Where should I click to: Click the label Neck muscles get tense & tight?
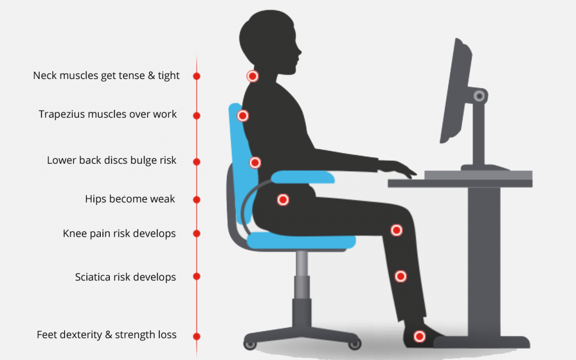point(106,76)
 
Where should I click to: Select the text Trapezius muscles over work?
point(108,114)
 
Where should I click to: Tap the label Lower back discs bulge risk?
point(111,161)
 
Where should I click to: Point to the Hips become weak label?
point(130,199)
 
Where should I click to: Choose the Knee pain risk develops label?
point(119,234)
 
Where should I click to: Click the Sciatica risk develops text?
point(125,277)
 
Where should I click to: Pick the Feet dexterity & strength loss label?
point(107,335)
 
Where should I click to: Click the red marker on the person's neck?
point(252,76)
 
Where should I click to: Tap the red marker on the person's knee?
point(396,230)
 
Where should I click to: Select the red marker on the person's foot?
point(420,336)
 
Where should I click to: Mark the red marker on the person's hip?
point(283,200)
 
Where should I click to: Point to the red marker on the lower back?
point(255,162)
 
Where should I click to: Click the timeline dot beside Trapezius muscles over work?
point(196,116)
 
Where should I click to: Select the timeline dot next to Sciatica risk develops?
point(196,276)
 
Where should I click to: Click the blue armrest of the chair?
point(303,177)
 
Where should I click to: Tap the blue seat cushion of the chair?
point(301,241)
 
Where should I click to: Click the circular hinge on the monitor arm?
point(479,96)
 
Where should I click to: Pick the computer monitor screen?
point(455,90)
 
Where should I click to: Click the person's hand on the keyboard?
point(397,168)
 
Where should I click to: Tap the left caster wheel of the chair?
point(250,345)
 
